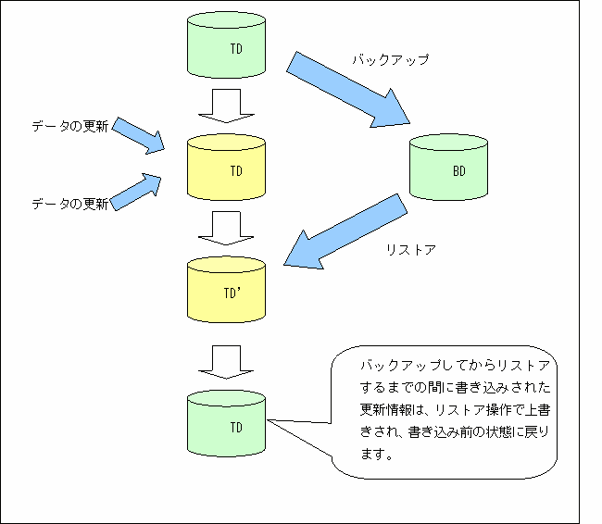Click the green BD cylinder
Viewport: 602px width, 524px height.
[449, 168]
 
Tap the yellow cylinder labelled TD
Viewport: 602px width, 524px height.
[226, 168]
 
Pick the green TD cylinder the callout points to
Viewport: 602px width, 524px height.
[226, 422]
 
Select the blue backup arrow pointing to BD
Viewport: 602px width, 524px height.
[347, 88]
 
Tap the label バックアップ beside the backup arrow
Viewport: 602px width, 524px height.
[390, 60]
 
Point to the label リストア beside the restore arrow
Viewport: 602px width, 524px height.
[409, 249]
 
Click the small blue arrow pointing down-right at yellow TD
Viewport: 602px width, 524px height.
[140, 134]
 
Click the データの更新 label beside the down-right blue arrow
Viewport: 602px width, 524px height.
[70, 123]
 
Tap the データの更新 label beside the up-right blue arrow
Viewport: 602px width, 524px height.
[70, 203]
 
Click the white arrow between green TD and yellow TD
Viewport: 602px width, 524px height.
[226, 105]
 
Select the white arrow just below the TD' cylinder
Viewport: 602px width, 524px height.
[226, 362]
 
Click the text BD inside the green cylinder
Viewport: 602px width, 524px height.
[459, 170]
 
